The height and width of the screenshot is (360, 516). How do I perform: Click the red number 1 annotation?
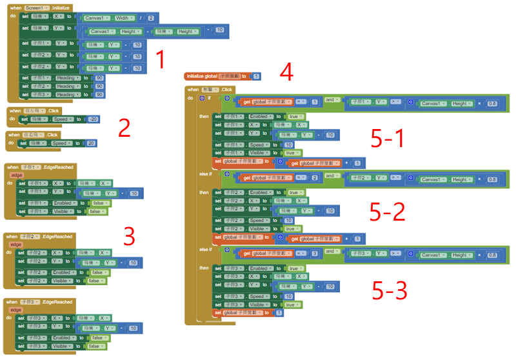(x=161, y=61)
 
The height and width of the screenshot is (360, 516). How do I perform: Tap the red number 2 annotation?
(x=124, y=128)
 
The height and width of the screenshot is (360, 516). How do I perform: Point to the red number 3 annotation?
(x=129, y=237)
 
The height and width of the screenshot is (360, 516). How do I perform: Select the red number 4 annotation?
(x=286, y=72)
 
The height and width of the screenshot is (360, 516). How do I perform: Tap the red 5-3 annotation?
(x=390, y=291)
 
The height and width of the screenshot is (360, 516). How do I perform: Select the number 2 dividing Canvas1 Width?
(x=150, y=18)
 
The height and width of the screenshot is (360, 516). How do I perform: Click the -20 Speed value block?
(x=93, y=119)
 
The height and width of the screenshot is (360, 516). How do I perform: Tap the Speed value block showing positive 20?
(x=91, y=143)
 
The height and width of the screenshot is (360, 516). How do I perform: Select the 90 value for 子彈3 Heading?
(x=99, y=95)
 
